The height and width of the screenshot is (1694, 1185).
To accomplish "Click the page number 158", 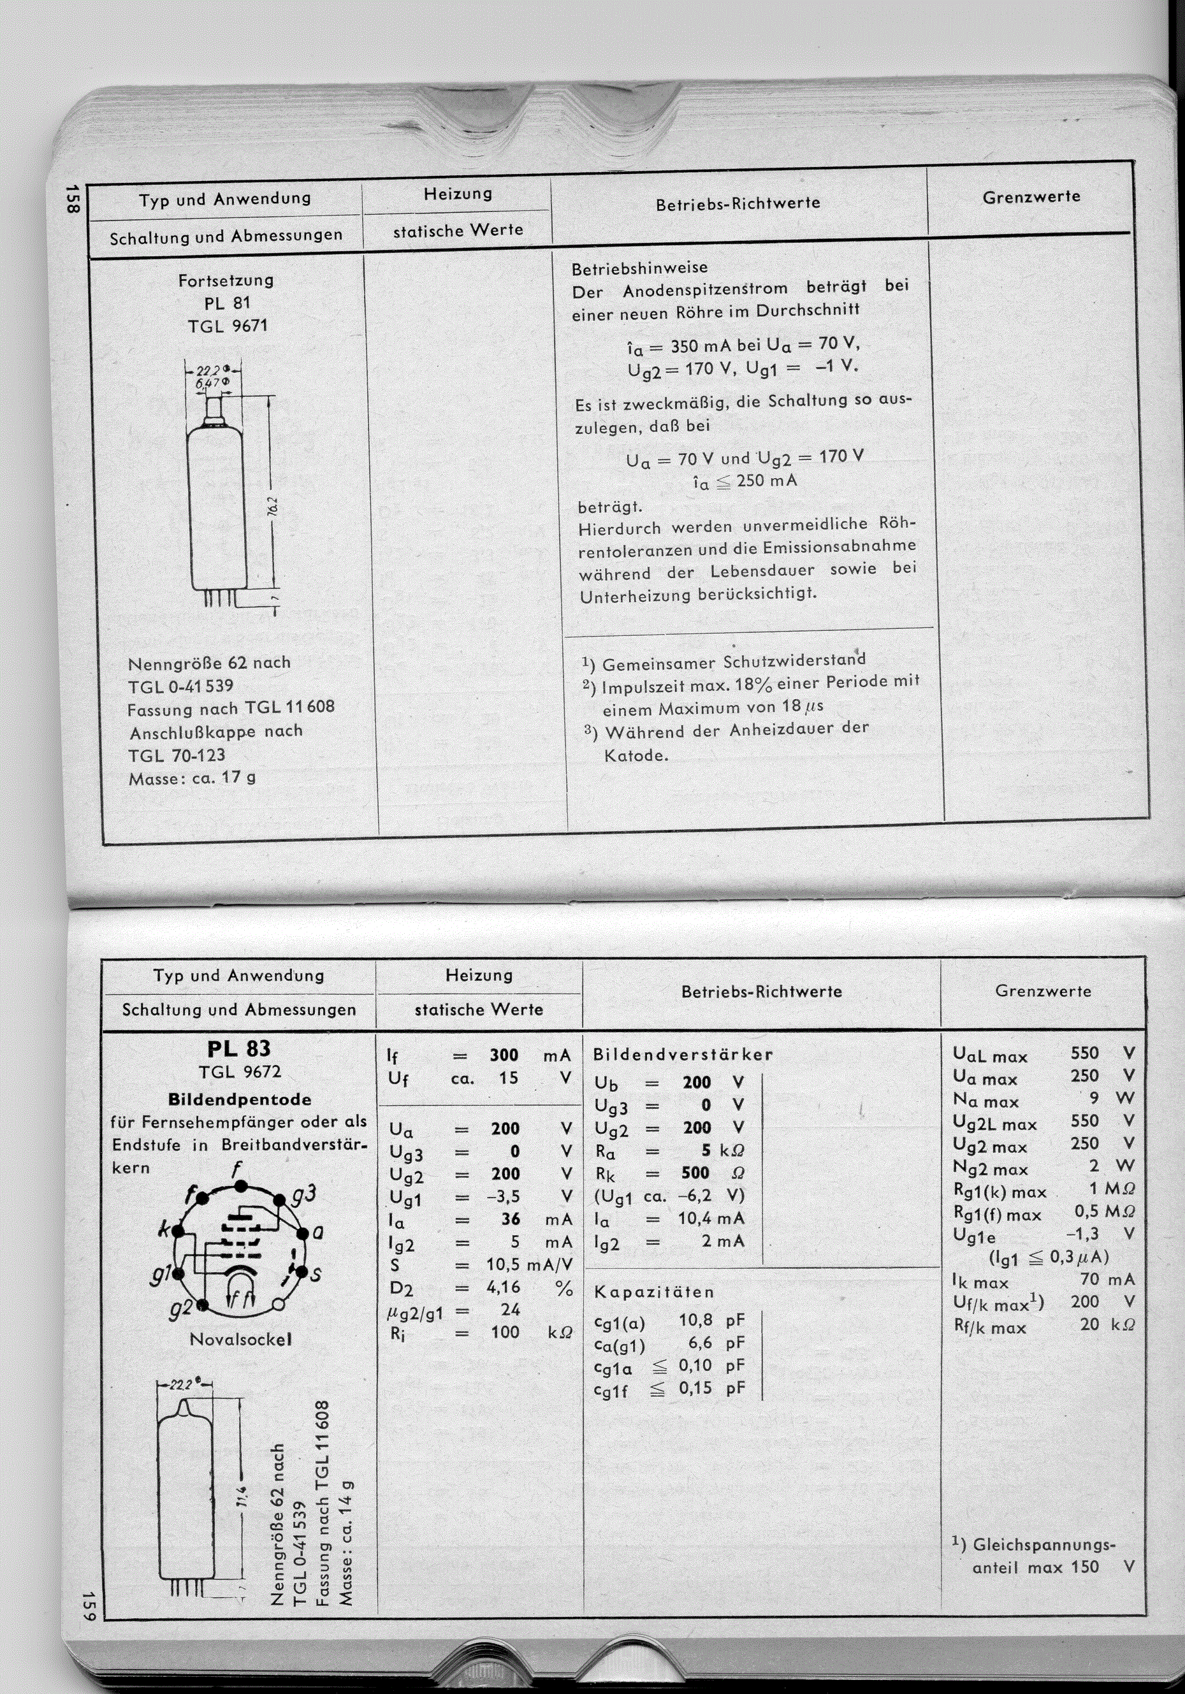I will coord(71,199).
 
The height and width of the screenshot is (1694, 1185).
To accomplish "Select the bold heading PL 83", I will coord(238,1048).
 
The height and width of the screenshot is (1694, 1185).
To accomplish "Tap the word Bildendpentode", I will coord(239,1099).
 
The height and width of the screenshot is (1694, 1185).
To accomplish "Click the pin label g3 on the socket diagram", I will coord(304,1192).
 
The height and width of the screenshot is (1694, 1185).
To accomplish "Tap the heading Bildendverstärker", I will coord(683,1054).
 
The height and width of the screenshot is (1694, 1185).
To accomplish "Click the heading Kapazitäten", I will coord(654,1292).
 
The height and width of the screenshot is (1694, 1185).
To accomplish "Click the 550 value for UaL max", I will coord(1085,1053).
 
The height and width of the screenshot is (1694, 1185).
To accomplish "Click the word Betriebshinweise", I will coord(639,267).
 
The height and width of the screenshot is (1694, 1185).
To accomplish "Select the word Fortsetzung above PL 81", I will coord(226,280).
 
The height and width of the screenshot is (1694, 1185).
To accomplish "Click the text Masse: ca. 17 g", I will coord(192,778).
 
